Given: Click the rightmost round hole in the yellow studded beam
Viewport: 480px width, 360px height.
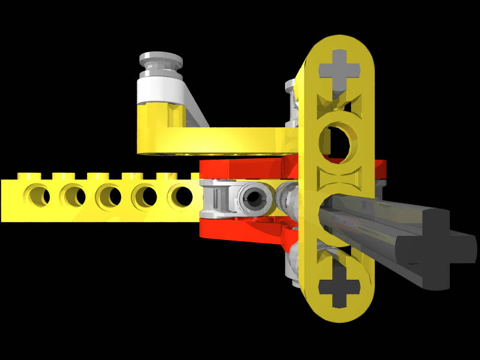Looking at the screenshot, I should pos(181,196).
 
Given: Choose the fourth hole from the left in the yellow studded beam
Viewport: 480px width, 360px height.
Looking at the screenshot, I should pos(145,196).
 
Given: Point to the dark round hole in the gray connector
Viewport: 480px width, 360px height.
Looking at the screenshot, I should pos(254,200).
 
